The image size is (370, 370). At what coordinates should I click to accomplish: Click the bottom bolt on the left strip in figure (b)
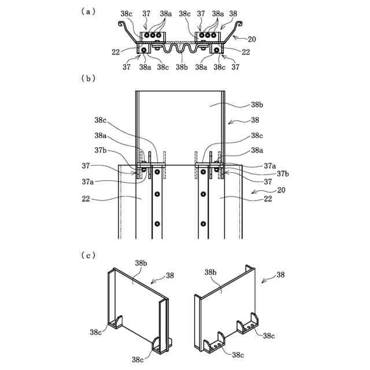157,223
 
